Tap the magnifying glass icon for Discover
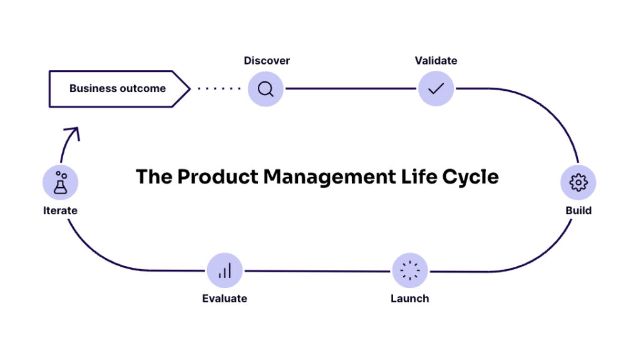pos(265,89)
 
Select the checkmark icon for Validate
pos(436,89)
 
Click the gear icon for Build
pos(578,182)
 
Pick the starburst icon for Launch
pos(410,270)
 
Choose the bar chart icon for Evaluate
pos(225,270)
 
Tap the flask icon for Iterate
pos(60,182)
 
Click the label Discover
pos(267,61)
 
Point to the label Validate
pos(436,61)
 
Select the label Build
pos(578,210)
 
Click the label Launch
pos(410,299)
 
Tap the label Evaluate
pos(225,299)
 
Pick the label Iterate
pos(60,210)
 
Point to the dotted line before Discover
pos(219,89)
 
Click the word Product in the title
pos(217,177)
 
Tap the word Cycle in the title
pos(470,177)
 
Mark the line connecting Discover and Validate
pos(351,89)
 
